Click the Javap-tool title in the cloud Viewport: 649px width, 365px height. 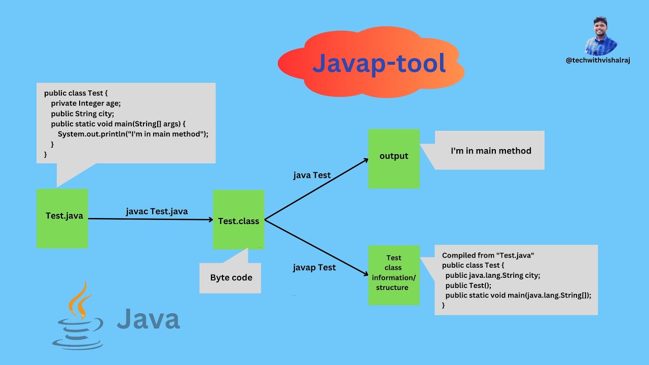tap(379, 63)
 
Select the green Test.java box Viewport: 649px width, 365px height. tap(62, 218)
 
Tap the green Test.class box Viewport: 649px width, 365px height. tap(238, 220)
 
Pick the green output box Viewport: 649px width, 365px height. tap(393, 158)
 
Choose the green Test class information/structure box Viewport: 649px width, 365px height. tap(393, 275)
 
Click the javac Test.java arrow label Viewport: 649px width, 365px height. tap(157, 211)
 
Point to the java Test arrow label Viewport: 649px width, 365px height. tap(312, 175)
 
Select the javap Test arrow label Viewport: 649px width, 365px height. tap(314, 267)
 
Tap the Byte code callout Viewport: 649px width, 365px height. tap(231, 277)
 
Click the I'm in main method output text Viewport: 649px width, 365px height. tap(491, 151)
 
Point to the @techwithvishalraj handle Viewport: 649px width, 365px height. tap(598, 60)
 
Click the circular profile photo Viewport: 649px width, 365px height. tap(600, 36)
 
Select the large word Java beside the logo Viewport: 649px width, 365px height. tap(148, 319)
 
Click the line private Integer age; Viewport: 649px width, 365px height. tap(86, 103)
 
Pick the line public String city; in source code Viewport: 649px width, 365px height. tap(82, 113)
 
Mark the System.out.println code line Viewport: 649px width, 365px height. tap(133, 134)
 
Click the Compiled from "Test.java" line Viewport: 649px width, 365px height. tap(488, 255)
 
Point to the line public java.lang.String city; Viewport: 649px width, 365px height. tap(492, 275)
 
